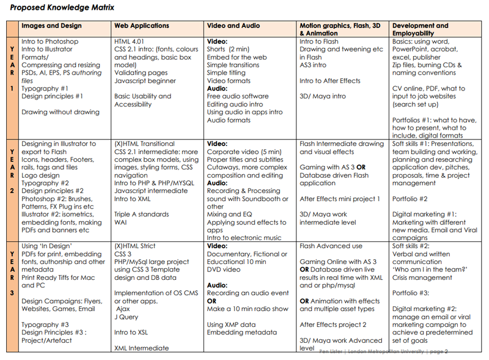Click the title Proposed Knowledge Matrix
point(62,8)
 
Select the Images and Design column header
point(51,26)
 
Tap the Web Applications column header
point(142,26)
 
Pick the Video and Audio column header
point(233,26)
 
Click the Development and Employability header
point(421,29)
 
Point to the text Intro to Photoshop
point(50,42)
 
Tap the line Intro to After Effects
point(330,81)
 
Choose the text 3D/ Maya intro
point(322,97)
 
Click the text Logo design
point(40,175)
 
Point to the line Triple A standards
point(142,215)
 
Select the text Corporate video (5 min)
point(244,152)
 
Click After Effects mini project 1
point(340,199)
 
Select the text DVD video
point(224,270)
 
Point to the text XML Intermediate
point(142,348)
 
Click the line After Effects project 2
point(333,325)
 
